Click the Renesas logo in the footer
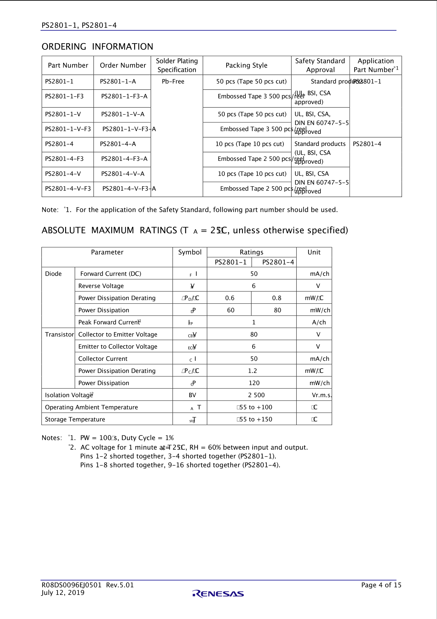(218, 594)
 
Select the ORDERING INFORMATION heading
(97, 46)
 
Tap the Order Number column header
(123, 65)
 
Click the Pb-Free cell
(173, 81)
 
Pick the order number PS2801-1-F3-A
(124, 96)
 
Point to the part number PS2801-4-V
(63, 174)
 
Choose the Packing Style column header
(246, 65)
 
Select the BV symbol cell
(192, 395)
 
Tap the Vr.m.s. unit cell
(322, 395)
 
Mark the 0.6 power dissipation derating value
(230, 298)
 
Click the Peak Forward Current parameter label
(109, 322)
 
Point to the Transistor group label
(59, 335)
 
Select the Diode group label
(53, 274)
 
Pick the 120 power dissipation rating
(254, 383)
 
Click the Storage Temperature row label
(75, 419)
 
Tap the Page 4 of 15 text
(381, 585)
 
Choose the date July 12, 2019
(63, 593)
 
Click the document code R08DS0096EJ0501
(71, 585)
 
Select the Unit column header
(314, 252)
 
